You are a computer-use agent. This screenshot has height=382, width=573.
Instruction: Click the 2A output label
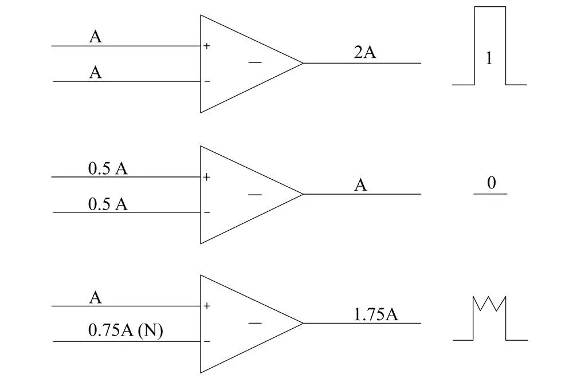point(365,53)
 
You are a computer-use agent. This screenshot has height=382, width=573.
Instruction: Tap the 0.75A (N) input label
point(126,330)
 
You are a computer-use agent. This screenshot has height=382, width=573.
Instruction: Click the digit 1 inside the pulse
point(489,59)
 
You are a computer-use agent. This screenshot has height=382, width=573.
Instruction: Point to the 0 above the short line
point(491,183)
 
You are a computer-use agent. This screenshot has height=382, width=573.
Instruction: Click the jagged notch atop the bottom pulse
point(490,304)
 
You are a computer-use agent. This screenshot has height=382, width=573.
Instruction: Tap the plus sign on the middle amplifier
point(206,177)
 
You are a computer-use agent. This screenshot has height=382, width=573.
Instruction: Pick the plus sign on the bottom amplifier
point(206,306)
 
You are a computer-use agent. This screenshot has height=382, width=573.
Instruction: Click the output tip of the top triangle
point(303,63)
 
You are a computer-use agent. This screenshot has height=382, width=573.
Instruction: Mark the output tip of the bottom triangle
point(303,323)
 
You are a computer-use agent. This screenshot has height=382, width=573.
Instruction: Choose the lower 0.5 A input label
point(108,204)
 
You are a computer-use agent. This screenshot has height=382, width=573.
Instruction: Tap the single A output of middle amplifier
point(360,186)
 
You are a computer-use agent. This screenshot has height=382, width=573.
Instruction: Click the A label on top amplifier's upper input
point(95,37)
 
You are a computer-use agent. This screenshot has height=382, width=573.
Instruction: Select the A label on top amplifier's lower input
point(95,73)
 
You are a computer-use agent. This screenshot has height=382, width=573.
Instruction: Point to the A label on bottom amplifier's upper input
point(95,298)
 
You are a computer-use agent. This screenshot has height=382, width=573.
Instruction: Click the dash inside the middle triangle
point(255,195)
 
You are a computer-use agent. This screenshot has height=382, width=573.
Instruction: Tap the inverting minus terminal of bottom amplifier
point(207,342)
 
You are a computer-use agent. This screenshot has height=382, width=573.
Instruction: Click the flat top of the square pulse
point(490,7)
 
